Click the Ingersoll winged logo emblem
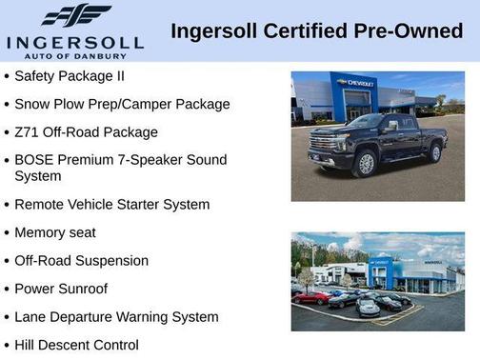[x=76, y=16]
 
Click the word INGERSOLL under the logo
[x=75, y=43]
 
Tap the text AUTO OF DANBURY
[x=76, y=55]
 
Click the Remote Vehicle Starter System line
[x=111, y=204]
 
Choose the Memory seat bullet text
[x=54, y=232]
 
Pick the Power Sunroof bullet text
[x=61, y=289]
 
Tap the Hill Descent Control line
[x=76, y=345]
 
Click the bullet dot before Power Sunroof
[x=7, y=289]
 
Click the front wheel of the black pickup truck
[x=367, y=164]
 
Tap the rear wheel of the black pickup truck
[x=435, y=152]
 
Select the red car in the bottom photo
[x=310, y=297]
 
